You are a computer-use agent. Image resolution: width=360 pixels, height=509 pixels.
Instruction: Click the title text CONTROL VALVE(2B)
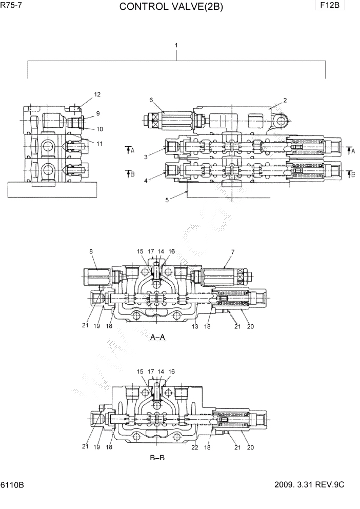(x=171, y=7)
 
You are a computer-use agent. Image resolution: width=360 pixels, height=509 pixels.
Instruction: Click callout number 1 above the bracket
(x=176, y=45)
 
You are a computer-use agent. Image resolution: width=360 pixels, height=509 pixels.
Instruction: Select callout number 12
(x=97, y=94)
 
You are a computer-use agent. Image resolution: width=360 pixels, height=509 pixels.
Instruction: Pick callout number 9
(x=97, y=113)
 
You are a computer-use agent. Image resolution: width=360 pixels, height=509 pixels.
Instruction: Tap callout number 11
(x=99, y=144)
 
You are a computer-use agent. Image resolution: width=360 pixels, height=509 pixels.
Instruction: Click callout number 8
(x=91, y=251)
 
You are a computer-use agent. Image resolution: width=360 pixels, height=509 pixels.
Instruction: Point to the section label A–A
(x=157, y=337)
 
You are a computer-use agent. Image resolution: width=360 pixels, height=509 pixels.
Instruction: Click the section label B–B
(x=157, y=457)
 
